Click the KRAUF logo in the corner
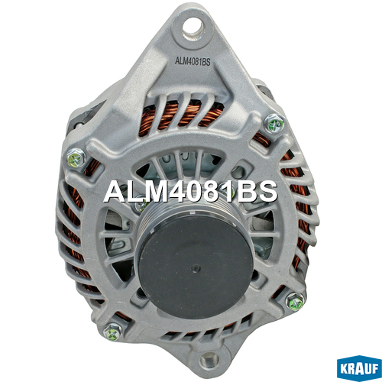coord(359,368)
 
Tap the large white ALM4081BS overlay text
coord(190,192)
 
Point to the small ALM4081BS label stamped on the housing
coord(193,61)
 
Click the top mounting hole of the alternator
coord(193,28)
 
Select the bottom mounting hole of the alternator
coord(209,361)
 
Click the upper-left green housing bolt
coord(76,158)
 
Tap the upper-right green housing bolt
coord(274,124)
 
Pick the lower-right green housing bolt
coord(295,302)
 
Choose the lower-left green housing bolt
coord(113,332)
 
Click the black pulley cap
coord(195,267)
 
